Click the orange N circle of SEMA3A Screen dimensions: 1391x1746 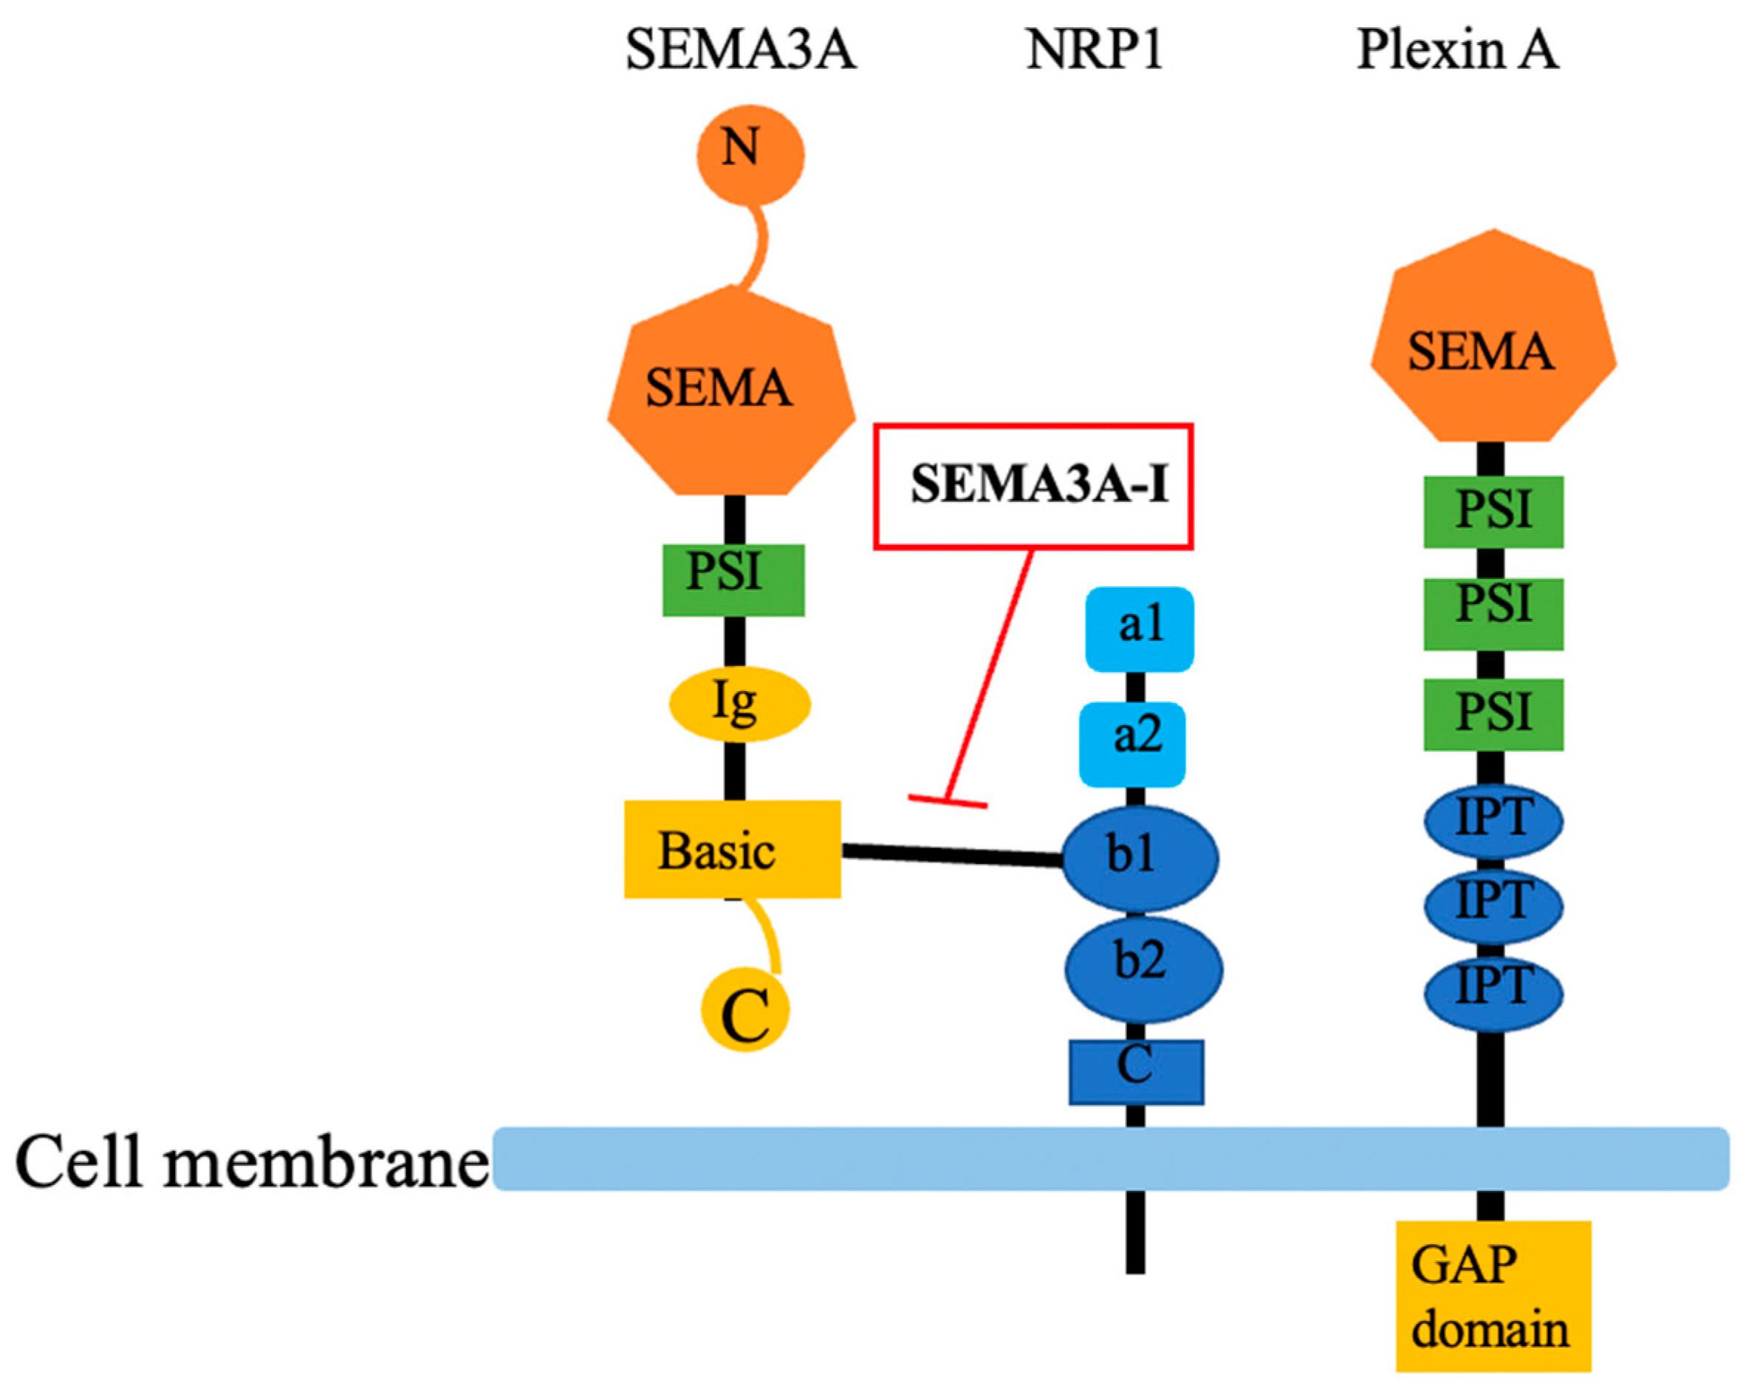pos(750,154)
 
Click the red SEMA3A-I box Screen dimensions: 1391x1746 pos(1033,486)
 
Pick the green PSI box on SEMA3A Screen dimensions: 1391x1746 pos(733,580)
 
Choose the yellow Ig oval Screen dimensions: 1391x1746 pos(739,704)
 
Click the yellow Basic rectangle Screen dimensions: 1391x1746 pos(732,849)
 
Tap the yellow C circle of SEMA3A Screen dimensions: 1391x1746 pos(745,1009)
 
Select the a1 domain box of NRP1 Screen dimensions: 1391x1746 pos(1139,629)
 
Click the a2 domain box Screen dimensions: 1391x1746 pos(1132,743)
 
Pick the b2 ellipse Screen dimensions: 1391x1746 pos(1143,969)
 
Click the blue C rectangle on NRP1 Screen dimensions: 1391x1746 pos(1135,1071)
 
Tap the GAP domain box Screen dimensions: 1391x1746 pos(1493,1296)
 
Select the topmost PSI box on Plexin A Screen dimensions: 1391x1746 pos(1493,512)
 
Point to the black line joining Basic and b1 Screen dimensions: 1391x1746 pos(951,854)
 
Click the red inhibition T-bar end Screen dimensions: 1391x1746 pos(947,802)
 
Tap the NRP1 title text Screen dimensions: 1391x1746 pos(1093,50)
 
